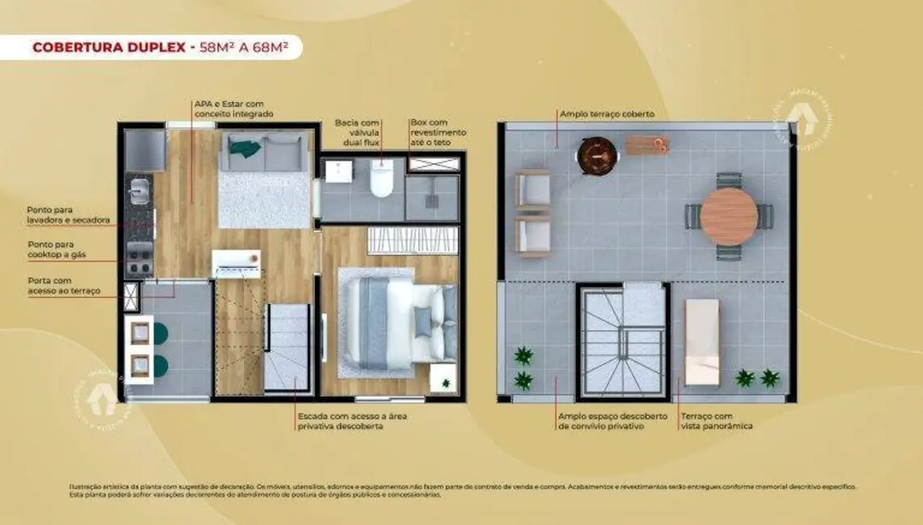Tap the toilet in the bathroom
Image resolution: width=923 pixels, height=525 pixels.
[381, 178]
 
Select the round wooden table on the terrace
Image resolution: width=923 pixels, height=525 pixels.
[728, 216]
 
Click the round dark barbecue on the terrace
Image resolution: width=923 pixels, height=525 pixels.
[597, 155]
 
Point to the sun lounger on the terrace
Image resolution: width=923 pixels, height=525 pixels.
[702, 342]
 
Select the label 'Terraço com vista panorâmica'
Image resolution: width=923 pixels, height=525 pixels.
[716, 421]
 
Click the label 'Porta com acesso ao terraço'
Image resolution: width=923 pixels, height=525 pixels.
[64, 286]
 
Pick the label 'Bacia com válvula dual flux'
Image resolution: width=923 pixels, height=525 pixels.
[357, 132]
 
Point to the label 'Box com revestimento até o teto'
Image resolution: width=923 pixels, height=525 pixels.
[437, 132]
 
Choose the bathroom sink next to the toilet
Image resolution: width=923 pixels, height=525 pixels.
[338, 170]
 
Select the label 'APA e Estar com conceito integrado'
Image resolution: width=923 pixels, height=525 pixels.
[233, 110]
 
